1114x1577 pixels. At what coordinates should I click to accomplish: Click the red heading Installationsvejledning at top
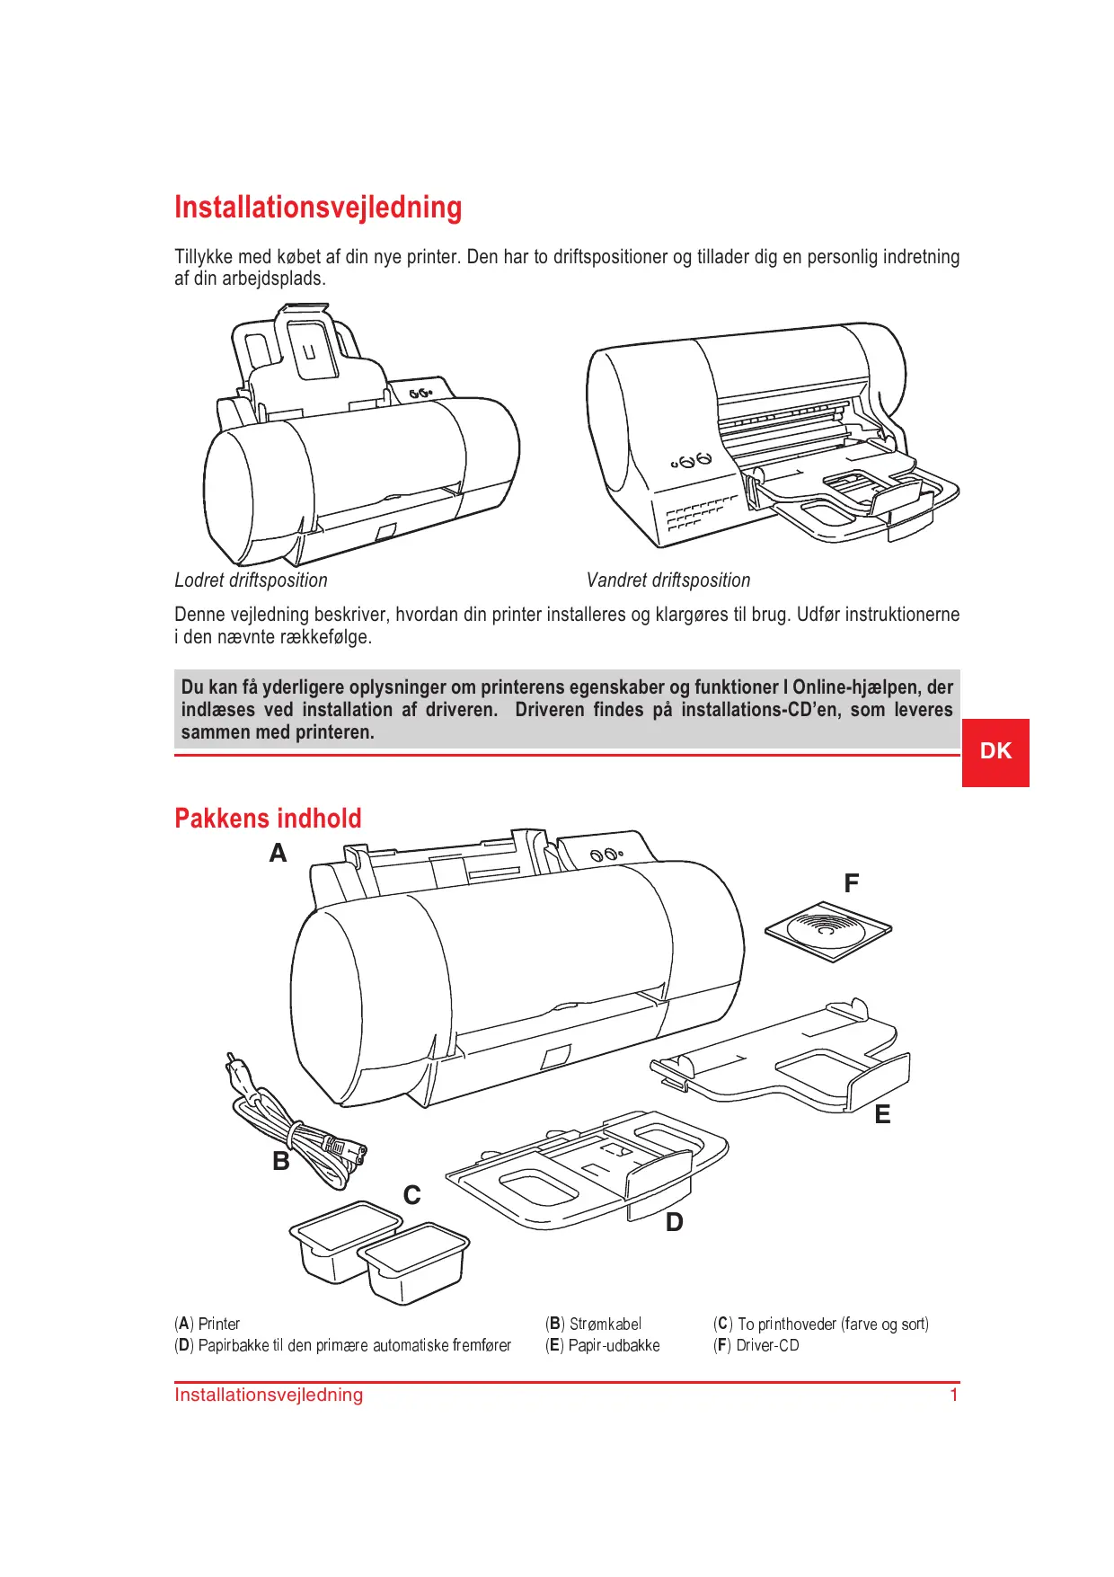pos(318,208)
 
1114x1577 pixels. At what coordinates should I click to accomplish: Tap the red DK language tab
pos(995,752)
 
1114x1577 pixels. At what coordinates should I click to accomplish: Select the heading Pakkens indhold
pos(268,819)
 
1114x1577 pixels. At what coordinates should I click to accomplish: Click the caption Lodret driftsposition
pos(251,580)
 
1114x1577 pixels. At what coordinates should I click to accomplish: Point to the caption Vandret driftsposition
pos(668,580)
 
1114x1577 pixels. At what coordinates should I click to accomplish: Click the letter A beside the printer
pos(278,854)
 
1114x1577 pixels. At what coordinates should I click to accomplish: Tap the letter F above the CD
pos(852,884)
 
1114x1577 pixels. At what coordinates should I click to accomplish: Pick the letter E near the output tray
pos(883,1115)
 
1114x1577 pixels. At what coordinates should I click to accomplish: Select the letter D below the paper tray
pos(675,1223)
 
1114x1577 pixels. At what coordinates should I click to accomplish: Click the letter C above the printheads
pos(412,1196)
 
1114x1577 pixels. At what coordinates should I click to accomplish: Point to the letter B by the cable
pos(281,1162)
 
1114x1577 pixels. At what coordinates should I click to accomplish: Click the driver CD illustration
pos(828,931)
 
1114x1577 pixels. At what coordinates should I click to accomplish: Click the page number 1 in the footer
pos(954,1395)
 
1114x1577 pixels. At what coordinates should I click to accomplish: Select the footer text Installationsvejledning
pos(269,1395)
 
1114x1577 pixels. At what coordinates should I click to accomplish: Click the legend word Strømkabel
pos(606,1325)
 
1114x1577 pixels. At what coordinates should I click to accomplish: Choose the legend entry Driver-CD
pos(767,1346)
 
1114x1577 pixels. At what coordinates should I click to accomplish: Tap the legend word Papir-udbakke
pos(614,1346)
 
